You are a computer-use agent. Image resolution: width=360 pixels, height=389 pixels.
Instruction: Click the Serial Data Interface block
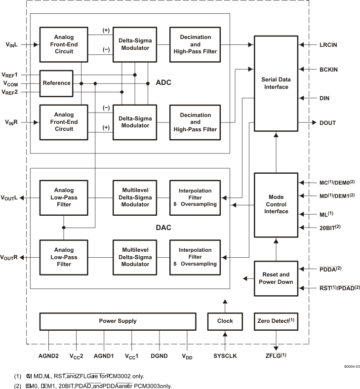coord(276,83)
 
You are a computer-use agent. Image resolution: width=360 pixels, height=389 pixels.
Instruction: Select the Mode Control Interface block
coord(276,205)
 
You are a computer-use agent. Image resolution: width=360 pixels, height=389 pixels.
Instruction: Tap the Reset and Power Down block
coord(276,278)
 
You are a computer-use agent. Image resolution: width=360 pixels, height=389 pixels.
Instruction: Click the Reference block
coord(57,83)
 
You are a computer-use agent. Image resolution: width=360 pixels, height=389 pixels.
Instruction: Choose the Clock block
coord(225,321)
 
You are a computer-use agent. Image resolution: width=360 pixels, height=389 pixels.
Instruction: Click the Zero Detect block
coord(276,321)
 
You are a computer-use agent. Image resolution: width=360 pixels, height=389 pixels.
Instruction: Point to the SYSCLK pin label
coord(225,355)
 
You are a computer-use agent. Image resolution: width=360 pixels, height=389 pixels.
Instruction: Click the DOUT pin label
coord(328,122)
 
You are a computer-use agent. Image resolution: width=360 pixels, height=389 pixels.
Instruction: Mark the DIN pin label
coord(324,98)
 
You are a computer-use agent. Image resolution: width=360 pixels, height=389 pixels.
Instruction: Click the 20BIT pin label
coord(330,228)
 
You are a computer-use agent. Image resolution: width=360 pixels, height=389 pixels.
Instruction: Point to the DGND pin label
coord(159,355)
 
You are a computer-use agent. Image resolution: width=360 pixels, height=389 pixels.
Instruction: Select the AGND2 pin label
coord(49,355)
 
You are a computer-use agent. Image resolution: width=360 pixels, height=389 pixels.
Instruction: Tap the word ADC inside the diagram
coord(163,82)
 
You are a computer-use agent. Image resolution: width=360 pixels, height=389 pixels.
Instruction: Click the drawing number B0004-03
coord(351,367)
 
